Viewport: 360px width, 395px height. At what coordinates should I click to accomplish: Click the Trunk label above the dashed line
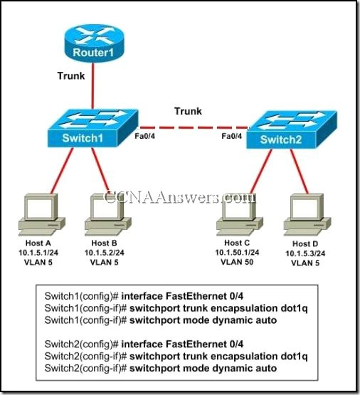pyautogui.click(x=189, y=111)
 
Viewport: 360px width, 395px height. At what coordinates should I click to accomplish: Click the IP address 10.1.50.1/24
pyautogui.click(x=238, y=252)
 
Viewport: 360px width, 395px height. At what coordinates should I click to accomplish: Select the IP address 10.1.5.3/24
pyautogui.click(x=305, y=253)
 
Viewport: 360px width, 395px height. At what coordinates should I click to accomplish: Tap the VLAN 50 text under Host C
pyautogui.click(x=238, y=261)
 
